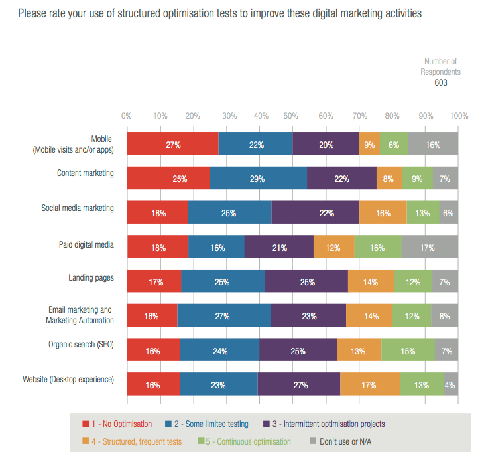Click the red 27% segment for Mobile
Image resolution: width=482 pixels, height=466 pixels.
tap(172, 144)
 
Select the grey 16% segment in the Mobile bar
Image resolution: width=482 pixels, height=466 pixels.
tap(433, 144)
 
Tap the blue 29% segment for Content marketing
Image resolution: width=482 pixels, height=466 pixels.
tap(259, 179)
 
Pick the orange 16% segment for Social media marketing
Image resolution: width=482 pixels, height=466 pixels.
tap(383, 214)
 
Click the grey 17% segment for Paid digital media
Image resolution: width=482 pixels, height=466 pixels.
tap(430, 248)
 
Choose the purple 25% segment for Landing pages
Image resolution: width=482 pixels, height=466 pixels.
tap(306, 282)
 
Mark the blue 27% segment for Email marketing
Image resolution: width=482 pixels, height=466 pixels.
tap(223, 316)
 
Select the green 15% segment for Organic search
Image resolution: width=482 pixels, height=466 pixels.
tap(408, 350)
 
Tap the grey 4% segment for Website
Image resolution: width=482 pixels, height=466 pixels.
tap(451, 384)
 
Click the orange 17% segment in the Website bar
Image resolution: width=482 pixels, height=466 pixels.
tap(369, 384)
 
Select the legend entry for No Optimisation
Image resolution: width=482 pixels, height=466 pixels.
tap(117, 424)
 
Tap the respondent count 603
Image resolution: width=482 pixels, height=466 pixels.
tap(441, 83)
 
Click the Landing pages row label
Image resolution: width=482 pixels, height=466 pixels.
tap(90, 278)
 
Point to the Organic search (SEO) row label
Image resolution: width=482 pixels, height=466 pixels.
tap(81, 345)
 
